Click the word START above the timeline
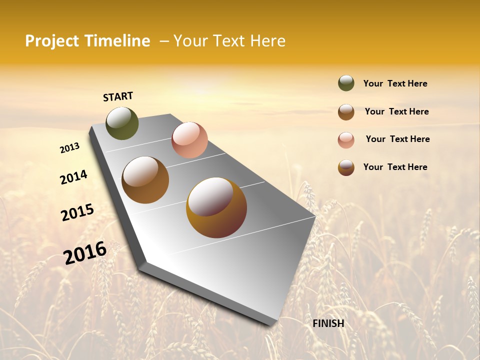pos(118,96)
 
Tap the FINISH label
pos(328,323)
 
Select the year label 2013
pos(69,148)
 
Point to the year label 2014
pos(73,177)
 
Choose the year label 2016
pos(85,252)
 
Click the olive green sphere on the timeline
pos(122,123)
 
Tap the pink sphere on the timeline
pos(189,140)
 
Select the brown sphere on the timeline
pos(145,180)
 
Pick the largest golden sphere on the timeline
pos(216,207)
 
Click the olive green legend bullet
pos(346,83)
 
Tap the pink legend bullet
pos(346,140)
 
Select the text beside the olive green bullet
pos(395,84)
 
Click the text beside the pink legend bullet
pos(397,139)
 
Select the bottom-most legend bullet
pos(346,167)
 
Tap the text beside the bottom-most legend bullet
pos(395,167)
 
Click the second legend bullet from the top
pos(346,112)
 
